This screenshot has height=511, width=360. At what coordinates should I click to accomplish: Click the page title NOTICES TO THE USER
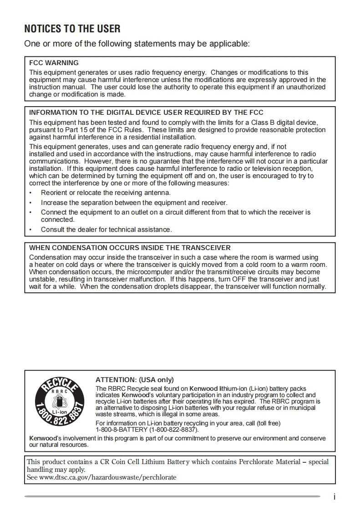click(72, 29)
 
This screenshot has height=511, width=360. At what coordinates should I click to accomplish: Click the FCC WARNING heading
click(54, 63)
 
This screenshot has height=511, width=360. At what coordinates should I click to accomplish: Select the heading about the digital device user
click(146, 112)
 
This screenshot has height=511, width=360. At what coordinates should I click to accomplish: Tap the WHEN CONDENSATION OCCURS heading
click(130, 248)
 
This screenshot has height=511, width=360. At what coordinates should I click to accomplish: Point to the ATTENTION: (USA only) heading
click(134, 379)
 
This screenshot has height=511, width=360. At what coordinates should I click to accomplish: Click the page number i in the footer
click(334, 497)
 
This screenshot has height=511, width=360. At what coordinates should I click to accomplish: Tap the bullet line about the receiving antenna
click(106, 193)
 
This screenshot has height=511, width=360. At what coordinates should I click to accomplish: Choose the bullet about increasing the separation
click(134, 203)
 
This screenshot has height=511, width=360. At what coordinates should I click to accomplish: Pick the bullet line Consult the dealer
click(106, 230)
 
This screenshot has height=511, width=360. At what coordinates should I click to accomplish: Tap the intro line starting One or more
click(137, 44)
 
